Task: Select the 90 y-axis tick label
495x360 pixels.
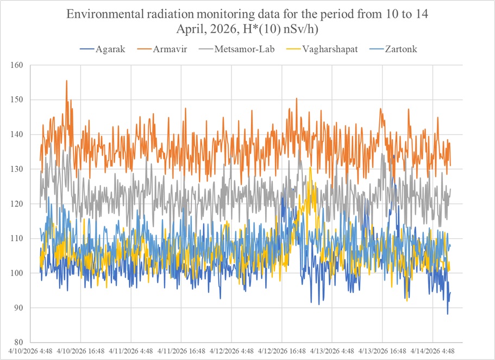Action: pos(20,308)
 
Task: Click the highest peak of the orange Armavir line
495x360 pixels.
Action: pos(67,80)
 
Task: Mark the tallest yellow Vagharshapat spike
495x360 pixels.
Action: pos(310,167)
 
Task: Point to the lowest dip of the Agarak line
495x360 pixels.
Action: pos(448,314)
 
